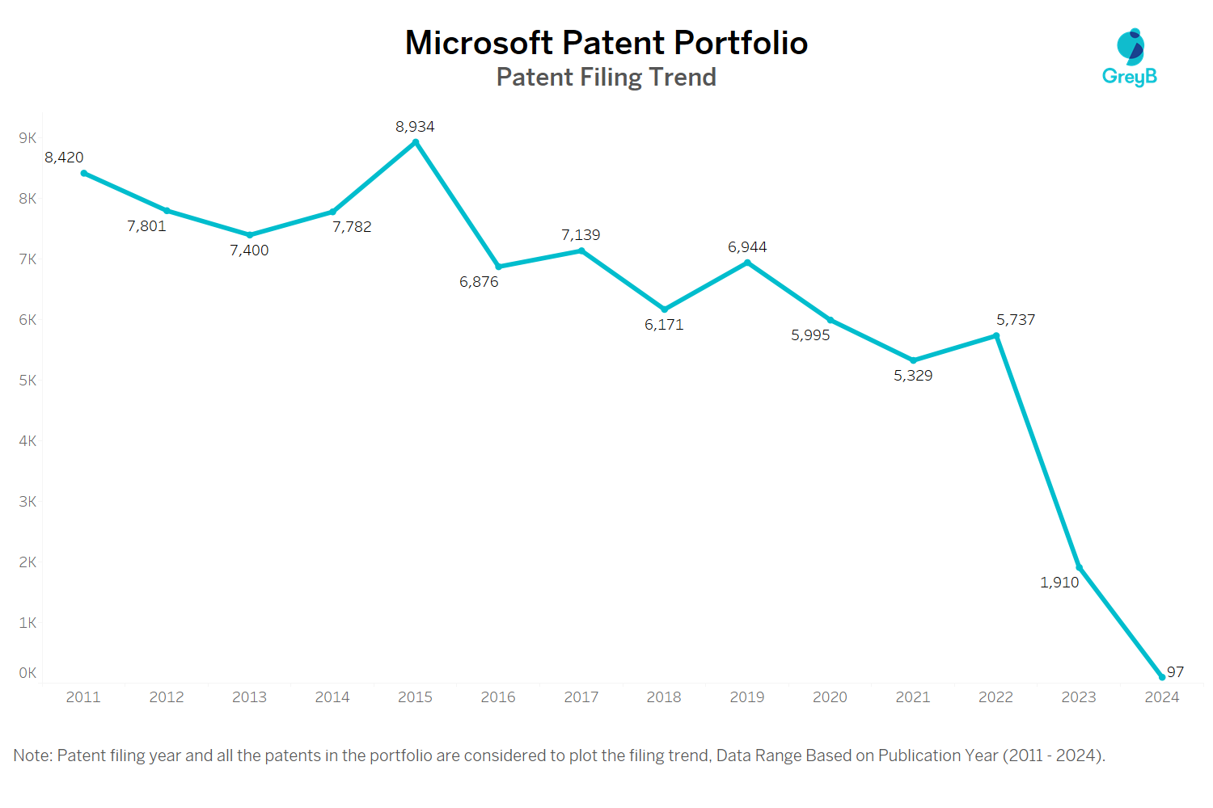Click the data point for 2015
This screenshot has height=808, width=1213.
point(416,142)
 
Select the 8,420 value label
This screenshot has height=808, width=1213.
point(64,158)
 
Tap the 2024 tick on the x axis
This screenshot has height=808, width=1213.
point(1161,697)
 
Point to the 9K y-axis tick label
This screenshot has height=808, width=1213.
point(27,138)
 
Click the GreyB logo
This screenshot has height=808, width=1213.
point(1130,57)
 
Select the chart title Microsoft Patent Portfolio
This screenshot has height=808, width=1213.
point(606,43)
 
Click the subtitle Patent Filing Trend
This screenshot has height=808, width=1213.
point(606,77)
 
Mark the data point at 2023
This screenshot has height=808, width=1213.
point(1079,567)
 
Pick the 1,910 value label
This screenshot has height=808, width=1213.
point(1059,583)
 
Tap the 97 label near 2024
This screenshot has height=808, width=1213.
point(1175,672)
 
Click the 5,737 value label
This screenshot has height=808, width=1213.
point(1016,320)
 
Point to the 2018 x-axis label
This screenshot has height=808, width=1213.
point(664,697)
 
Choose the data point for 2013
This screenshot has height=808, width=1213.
point(250,235)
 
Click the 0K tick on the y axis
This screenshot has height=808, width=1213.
point(27,673)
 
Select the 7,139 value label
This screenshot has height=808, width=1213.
point(581,235)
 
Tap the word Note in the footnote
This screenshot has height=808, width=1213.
point(32,755)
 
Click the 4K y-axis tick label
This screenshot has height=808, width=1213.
point(27,441)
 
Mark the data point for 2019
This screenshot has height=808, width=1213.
point(747,263)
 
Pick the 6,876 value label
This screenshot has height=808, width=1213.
point(479,282)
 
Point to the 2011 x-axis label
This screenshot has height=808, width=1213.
point(83,697)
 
